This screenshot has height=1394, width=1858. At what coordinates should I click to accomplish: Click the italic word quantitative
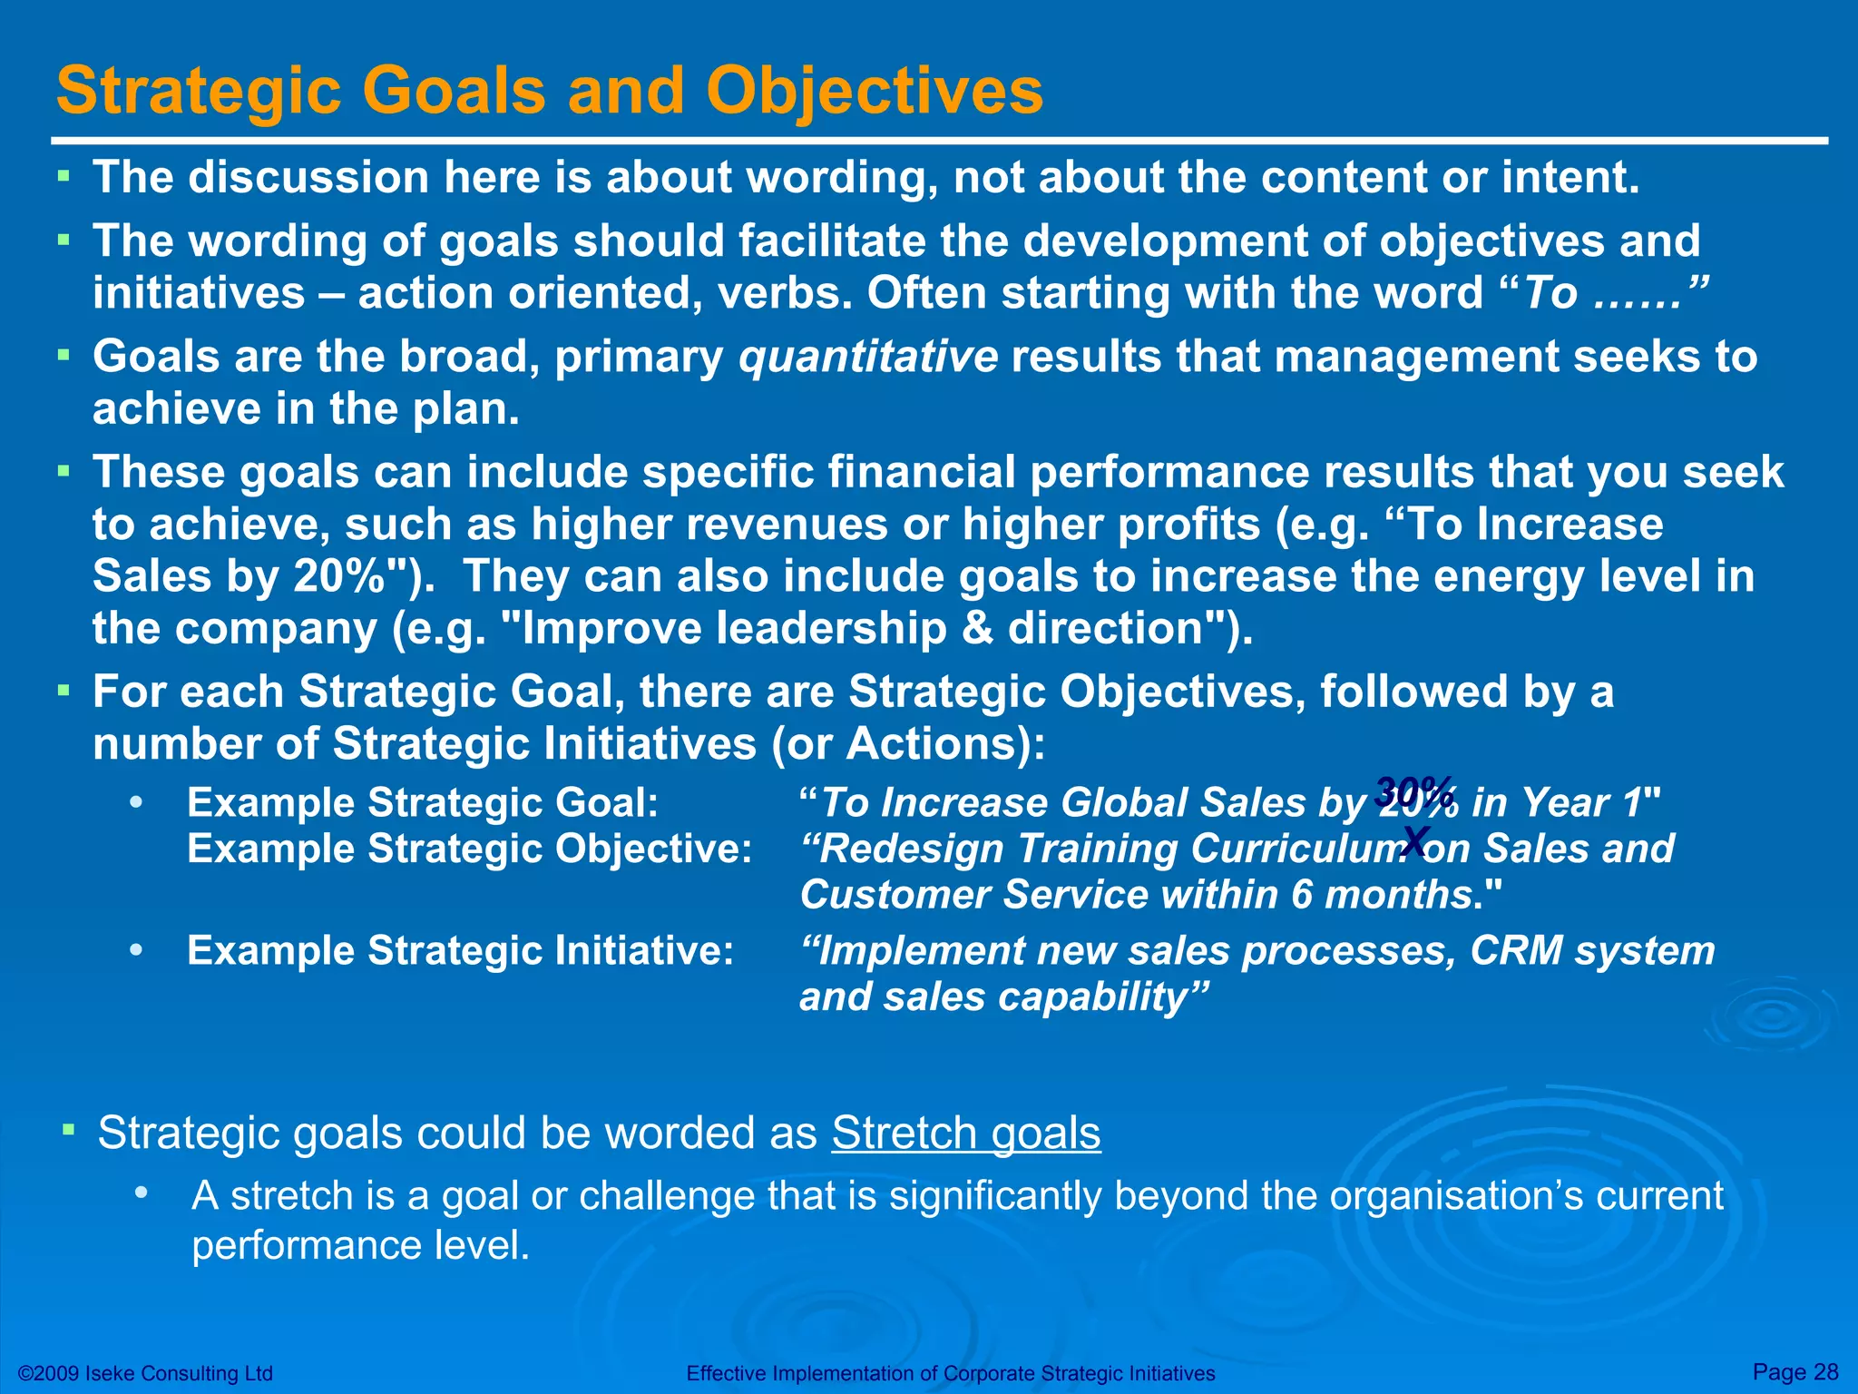click(x=868, y=357)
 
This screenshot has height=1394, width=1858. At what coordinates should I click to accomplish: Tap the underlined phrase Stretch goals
click(x=965, y=1133)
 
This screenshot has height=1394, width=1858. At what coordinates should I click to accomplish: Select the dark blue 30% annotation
click(x=1414, y=790)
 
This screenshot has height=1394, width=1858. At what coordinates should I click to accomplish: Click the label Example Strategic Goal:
click(x=423, y=803)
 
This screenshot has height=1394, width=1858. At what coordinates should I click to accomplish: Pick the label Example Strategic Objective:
click(x=469, y=849)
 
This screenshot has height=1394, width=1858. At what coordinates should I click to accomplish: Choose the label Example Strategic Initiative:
click(x=460, y=951)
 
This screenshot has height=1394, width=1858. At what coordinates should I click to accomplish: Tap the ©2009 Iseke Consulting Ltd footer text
click(x=145, y=1373)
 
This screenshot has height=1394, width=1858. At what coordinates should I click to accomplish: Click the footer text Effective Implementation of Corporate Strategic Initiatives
click(x=950, y=1373)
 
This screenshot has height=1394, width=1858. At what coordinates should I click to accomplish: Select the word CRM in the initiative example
click(x=1516, y=951)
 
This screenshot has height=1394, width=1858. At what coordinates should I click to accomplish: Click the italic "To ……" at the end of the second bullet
click(x=1616, y=294)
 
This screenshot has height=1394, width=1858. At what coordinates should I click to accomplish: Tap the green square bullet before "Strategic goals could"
click(x=70, y=1130)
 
